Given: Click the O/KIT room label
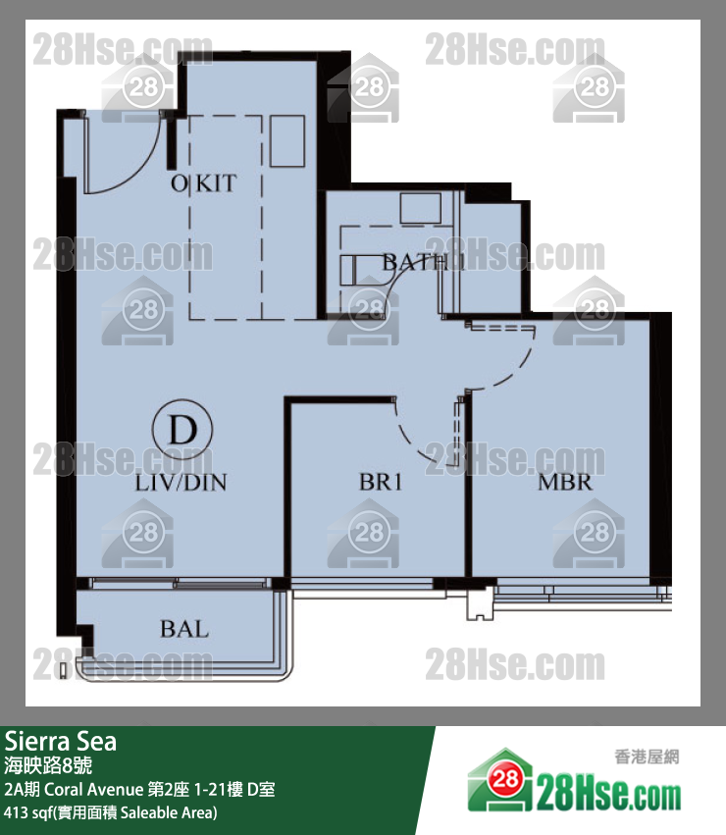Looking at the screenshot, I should (x=203, y=183).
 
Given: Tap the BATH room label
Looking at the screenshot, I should (x=415, y=262).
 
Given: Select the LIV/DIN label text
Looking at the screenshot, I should (x=181, y=483).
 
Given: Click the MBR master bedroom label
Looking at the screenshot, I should (x=564, y=483).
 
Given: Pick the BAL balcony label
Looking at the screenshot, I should (x=184, y=628).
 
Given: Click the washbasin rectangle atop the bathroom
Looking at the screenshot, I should (x=421, y=207).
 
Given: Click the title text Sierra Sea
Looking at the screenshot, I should (x=61, y=742).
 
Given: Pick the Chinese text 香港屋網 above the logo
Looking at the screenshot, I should (x=647, y=756).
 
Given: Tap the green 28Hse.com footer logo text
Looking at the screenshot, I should (x=608, y=790).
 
